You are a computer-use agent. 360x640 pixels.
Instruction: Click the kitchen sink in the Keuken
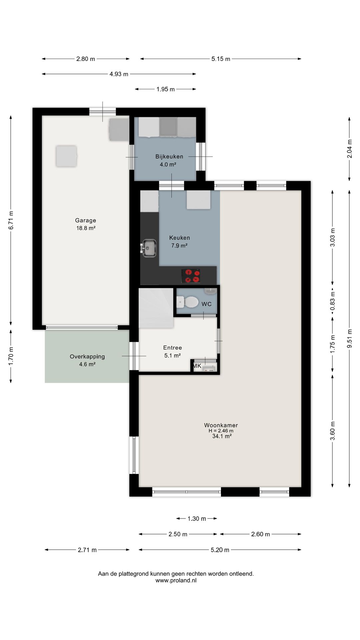[148, 248]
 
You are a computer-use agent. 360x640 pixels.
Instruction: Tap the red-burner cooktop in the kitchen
[191, 276]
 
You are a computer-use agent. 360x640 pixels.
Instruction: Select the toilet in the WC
[187, 302]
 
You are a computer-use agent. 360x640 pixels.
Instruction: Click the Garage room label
[86, 220]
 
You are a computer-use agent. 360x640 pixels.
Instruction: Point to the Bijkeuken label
[169, 157]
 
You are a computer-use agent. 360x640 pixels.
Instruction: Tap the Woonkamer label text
[221, 425]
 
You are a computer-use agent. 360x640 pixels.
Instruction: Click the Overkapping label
[87, 357]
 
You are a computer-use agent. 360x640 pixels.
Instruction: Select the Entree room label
[173, 348]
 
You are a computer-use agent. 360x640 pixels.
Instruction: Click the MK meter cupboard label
[197, 366]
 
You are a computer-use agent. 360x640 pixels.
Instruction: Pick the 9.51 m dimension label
[349, 339]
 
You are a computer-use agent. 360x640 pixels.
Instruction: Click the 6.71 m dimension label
[11, 220]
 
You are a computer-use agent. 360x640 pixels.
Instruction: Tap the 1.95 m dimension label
[166, 89]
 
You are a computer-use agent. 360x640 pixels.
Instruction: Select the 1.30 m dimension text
[197, 519]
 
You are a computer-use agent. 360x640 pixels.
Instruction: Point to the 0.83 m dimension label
[332, 301]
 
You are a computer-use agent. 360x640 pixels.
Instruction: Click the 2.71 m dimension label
[87, 550]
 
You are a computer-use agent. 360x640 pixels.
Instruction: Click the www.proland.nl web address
[176, 580]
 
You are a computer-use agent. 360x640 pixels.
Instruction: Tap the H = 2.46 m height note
[221, 431]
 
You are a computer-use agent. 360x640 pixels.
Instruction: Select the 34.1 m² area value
[222, 436]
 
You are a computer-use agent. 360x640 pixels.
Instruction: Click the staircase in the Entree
[156, 308]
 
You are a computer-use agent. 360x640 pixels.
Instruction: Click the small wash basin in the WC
[211, 291]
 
